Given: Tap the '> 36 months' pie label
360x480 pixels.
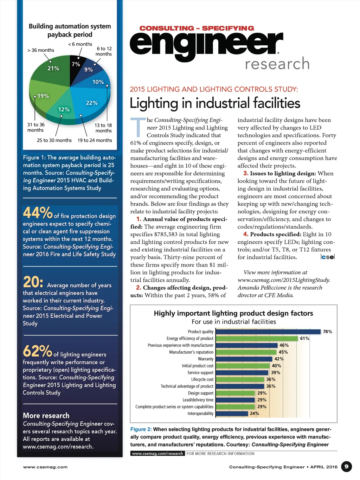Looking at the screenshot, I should [41, 50].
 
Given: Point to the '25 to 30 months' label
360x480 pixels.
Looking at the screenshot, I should [54, 140].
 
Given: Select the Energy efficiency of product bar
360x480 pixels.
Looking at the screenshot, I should [257, 338].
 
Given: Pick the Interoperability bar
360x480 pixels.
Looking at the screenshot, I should [232, 414].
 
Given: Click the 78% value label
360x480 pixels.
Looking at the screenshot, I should [327, 332].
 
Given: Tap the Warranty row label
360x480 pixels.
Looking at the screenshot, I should [206, 359].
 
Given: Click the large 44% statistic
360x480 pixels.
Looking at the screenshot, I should [38, 213].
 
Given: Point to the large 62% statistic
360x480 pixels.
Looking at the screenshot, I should [38, 351].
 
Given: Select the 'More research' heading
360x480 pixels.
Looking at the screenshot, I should [46, 416].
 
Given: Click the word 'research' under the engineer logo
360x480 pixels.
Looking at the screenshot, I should [277, 64].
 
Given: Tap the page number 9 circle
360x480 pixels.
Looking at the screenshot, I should [346, 467].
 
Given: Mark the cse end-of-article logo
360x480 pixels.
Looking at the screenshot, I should [328, 257].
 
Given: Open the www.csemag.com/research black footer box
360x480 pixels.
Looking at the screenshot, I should [157, 454].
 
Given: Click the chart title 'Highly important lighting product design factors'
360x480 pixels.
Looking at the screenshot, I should [233, 313].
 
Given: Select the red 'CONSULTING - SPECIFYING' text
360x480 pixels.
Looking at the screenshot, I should [197, 28].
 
